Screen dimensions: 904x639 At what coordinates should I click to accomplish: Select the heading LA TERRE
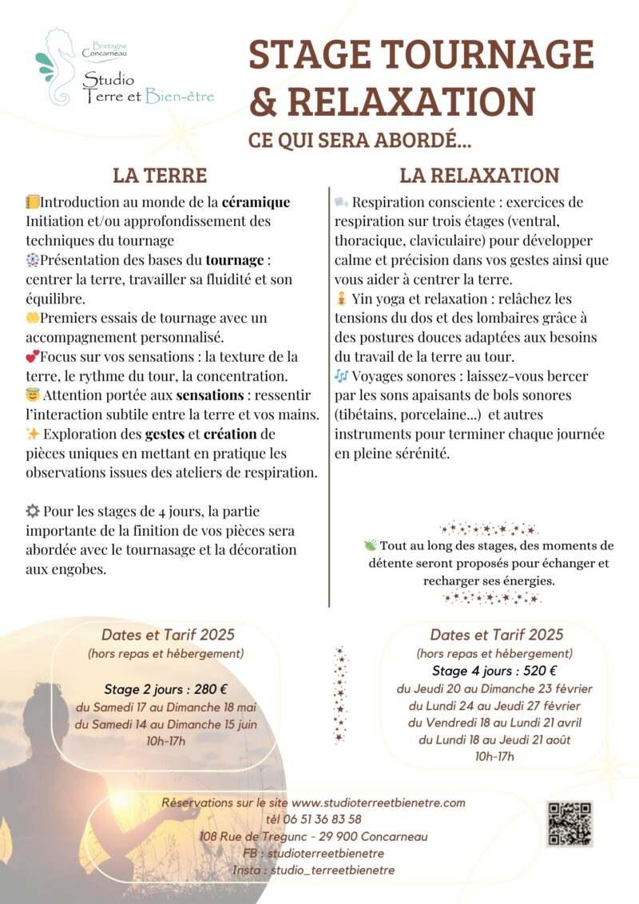[160, 175]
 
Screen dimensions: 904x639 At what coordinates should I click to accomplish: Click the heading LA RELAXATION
[479, 175]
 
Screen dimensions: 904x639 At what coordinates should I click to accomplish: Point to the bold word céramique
[256, 202]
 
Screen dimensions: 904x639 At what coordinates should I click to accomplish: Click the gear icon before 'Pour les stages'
[33, 510]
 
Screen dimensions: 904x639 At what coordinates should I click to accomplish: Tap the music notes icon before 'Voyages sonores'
[341, 375]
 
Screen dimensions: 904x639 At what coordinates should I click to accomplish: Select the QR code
[570, 823]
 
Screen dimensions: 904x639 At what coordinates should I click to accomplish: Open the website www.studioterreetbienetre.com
[378, 803]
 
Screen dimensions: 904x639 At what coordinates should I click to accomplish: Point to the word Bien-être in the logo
[180, 97]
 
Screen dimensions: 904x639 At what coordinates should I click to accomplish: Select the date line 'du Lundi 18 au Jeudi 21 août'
[494, 739]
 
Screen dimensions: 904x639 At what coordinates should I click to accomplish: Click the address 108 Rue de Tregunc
[256, 836]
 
